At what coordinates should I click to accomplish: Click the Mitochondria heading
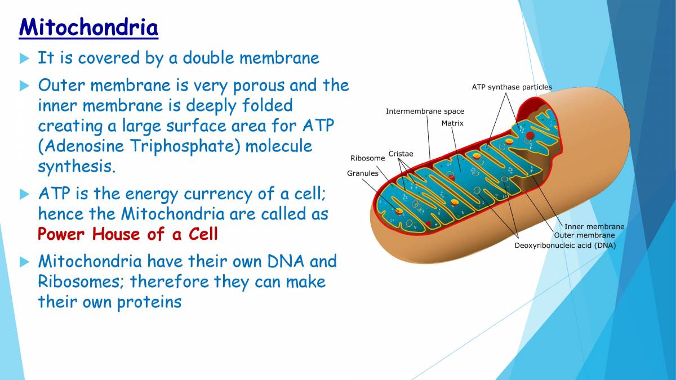88,27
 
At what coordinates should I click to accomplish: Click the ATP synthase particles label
512,87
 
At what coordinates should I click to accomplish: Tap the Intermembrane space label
425,111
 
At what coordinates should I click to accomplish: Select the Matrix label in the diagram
452,123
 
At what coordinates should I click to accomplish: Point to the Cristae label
401,154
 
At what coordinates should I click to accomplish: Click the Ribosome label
367,158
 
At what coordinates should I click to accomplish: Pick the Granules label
362,173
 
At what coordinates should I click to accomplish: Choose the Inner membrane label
594,227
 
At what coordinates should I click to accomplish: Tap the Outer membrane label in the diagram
584,235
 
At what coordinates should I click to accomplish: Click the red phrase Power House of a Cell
127,234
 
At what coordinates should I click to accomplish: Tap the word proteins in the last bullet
149,302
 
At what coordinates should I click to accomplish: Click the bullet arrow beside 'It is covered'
24,57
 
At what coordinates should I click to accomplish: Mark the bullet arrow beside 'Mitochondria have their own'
24,262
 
